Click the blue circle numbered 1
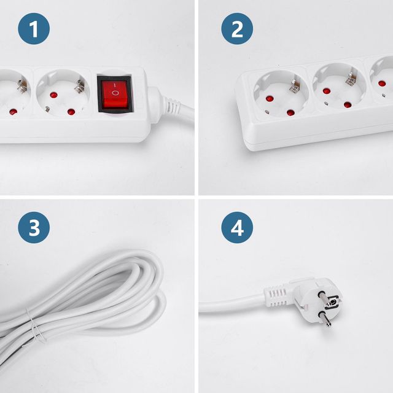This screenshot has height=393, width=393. (x=34, y=29)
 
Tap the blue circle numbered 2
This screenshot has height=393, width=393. (x=237, y=29)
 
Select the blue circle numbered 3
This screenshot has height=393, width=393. (x=34, y=228)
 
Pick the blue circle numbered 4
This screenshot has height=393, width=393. (x=237, y=228)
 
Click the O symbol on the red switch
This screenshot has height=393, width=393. (x=115, y=93)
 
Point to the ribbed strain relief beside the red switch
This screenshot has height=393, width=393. (x=171, y=105)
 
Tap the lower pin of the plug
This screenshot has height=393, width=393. (x=325, y=319)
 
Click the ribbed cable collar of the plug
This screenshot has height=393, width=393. (x=277, y=296)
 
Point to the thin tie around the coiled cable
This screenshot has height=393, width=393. (x=35, y=327)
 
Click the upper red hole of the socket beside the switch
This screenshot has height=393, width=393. (x=53, y=95)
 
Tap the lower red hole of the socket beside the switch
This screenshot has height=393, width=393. (x=71, y=112)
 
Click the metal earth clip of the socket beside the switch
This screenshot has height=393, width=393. (x=80, y=86)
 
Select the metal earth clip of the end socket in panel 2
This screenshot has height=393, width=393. (x=295, y=85)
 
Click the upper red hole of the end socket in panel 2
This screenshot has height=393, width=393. (x=269, y=98)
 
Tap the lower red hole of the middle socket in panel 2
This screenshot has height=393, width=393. (x=348, y=105)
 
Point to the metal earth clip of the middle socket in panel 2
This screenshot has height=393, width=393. (x=351, y=78)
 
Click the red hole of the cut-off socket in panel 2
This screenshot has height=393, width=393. (x=382, y=84)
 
